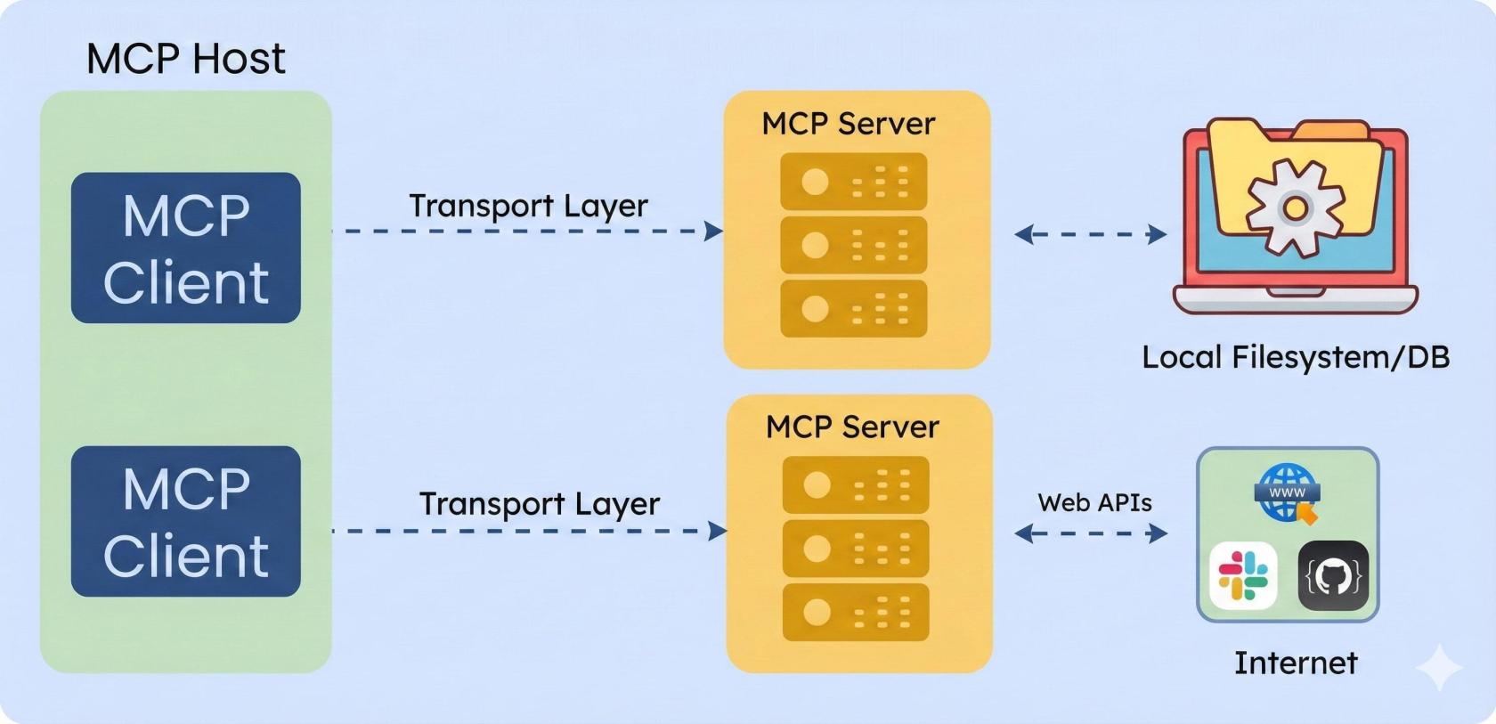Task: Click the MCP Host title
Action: (x=185, y=59)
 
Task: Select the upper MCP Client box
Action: (x=185, y=248)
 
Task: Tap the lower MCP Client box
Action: (x=185, y=521)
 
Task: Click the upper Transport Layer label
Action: (x=528, y=206)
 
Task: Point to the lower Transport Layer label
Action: (x=540, y=504)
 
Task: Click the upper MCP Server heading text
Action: (x=849, y=124)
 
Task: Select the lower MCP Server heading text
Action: (x=852, y=427)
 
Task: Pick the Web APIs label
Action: (x=1094, y=503)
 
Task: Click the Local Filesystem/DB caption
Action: (x=1296, y=357)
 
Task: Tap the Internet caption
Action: (x=1296, y=663)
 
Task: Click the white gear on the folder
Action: (x=1295, y=207)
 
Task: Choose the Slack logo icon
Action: (x=1243, y=575)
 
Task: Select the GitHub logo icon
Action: (x=1333, y=576)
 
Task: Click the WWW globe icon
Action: (x=1287, y=492)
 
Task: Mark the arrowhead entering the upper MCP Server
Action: (x=714, y=232)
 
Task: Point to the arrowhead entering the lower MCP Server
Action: (x=718, y=532)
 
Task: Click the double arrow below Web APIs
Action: (x=1091, y=533)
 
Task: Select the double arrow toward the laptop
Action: (x=1091, y=234)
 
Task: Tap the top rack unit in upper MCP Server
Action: (x=853, y=182)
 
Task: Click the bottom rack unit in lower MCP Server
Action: (x=855, y=612)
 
